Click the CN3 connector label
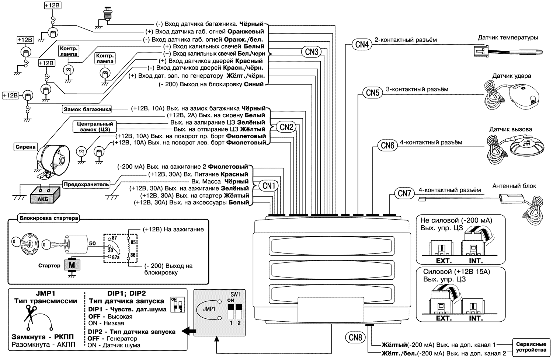312,52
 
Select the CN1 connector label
269,186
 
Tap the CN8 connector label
355,338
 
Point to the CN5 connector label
373,93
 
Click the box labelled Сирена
25,147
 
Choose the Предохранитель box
86,184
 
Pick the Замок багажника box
87,109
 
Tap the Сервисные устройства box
531,347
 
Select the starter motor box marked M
72,265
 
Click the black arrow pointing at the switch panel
189,331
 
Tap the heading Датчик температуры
508,38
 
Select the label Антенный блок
514,186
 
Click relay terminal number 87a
115,257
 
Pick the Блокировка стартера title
49,218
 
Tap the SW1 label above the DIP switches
235,294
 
